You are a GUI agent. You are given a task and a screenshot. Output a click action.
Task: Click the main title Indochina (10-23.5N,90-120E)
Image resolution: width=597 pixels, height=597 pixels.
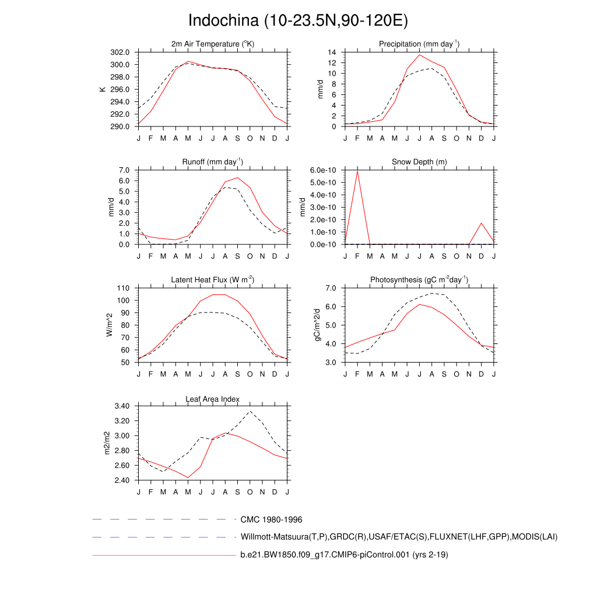(x=298, y=20)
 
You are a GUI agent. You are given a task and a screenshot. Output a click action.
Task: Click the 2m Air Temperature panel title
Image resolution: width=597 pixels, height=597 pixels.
(x=213, y=44)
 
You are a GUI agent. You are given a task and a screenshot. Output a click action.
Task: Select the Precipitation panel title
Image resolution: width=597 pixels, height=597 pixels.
(x=419, y=44)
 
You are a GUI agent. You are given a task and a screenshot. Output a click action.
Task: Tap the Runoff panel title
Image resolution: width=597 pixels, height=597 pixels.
(x=213, y=161)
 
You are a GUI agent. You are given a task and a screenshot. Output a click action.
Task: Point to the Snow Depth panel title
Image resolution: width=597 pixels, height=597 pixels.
(x=419, y=161)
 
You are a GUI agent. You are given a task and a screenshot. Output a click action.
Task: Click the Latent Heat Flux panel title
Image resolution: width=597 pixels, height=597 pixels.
(x=213, y=280)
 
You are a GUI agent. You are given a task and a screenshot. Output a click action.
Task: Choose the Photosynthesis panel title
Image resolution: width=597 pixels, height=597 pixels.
(x=419, y=280)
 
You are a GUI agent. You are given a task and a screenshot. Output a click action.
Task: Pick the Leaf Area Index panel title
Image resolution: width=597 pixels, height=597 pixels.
(x=213, y=399)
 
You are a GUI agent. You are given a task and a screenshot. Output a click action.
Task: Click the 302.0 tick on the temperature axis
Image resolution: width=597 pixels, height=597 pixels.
(x=121, y=52)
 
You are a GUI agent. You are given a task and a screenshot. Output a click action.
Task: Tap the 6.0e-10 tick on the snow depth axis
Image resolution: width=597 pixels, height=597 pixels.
(x=324, y=170)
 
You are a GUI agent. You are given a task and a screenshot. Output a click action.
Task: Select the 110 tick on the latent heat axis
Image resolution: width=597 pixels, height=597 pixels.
(x=123, y=288)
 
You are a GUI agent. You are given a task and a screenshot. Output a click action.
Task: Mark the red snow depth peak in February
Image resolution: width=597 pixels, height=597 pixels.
(x=357, y=171)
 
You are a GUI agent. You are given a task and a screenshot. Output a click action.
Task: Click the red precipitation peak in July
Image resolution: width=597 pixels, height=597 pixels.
(x=419, y=55)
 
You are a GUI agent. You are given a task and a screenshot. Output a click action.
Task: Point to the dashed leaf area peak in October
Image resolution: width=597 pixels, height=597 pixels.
(x=250, y=411)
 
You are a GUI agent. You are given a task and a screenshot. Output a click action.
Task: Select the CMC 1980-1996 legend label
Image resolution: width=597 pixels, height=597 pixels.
(x=271, y=519)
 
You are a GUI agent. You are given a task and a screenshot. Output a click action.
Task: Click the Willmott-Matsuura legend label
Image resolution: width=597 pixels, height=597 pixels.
(x=399, y=536)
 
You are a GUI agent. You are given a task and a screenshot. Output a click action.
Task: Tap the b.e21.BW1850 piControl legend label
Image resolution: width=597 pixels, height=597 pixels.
(x=344, y=555)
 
